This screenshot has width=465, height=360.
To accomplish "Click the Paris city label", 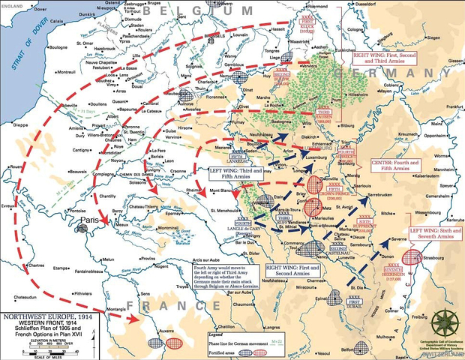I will click(92, 221).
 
